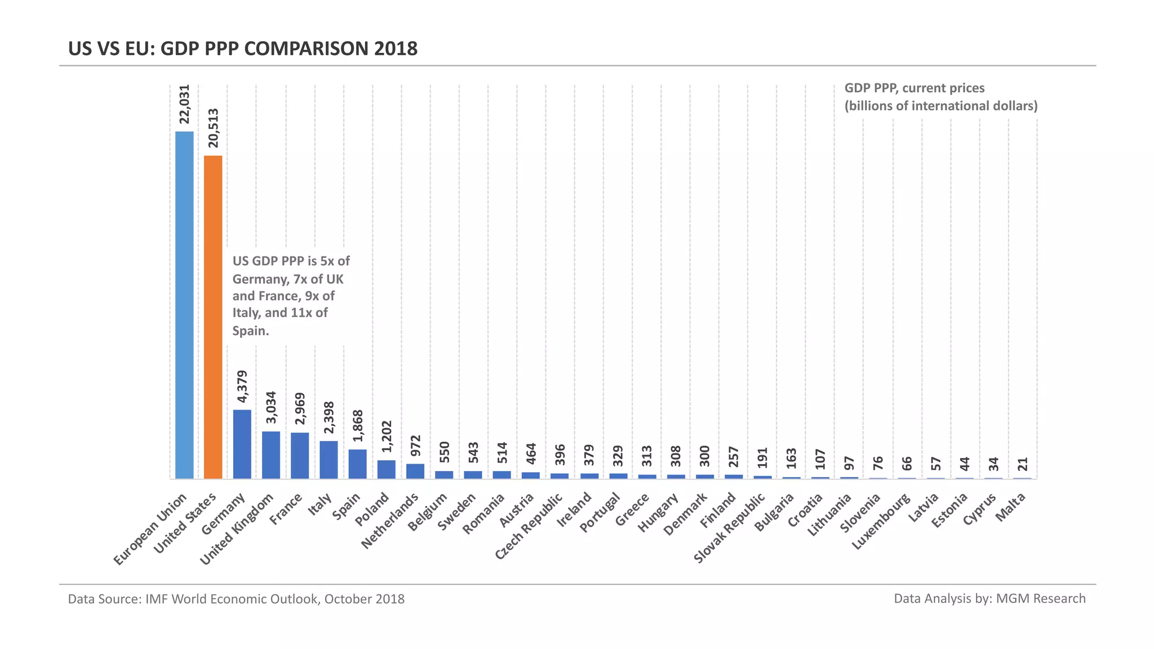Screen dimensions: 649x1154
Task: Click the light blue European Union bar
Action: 184,305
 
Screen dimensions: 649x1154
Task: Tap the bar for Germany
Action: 242,444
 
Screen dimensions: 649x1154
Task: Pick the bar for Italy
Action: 329,460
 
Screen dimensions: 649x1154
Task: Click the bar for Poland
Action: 387,469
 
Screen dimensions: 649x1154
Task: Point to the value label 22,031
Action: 184,104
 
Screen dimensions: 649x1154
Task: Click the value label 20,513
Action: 213,128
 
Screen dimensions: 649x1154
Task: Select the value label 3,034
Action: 271,407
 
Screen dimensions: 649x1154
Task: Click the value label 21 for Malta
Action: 1023,464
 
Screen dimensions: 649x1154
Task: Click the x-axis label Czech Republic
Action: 529,526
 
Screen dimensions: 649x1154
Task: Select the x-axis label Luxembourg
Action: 881,521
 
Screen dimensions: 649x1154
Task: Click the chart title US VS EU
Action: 243,48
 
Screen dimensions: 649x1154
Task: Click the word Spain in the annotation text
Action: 251,331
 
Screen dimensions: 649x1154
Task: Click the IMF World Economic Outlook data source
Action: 236,599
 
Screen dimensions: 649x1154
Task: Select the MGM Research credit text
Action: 989,598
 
